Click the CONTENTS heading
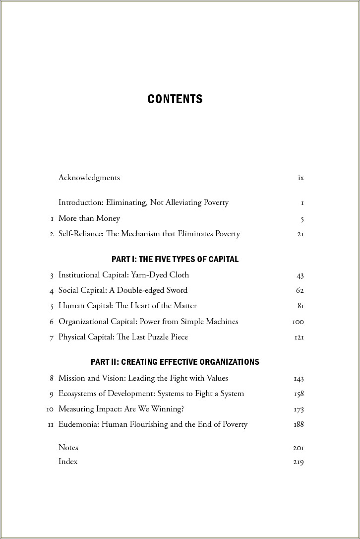click(175, 99)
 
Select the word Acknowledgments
click(89, 178)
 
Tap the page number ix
click(300, 178)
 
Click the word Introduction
click(81, 202)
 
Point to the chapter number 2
click(52, 234)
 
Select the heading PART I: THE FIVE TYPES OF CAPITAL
click(175, 259)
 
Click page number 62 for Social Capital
click(300, 291)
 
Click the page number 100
click(298, 322)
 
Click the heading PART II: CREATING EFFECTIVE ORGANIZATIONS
click(175, 362)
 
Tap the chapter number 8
click(52, 378)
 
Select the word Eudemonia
click(78, 424)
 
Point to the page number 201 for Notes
click(298, 448)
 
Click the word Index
click(68, 462)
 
